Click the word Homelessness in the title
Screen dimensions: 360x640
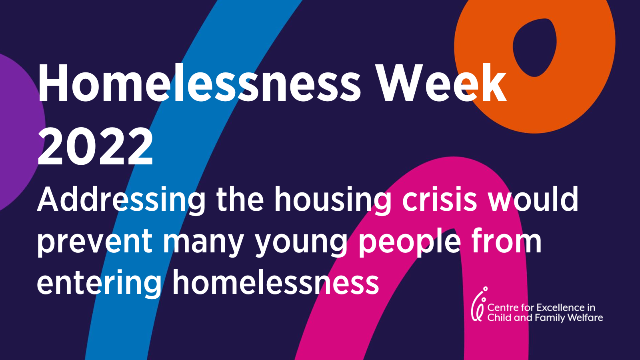(199, 84)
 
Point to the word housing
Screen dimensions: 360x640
(332, 200)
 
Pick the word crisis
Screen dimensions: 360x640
(439, 200)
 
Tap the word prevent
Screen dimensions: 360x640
(95, 242)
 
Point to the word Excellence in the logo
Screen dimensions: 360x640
(560, 308)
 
